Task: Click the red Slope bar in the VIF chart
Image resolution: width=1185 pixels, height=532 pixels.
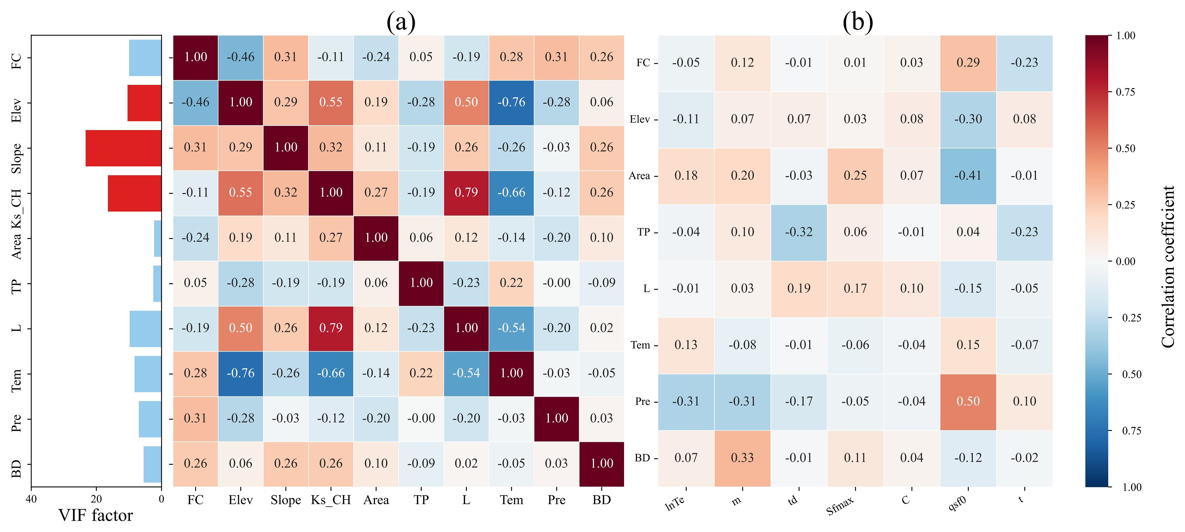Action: coord(123,148)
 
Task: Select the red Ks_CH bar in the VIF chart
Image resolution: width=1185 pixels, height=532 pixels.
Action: coord(134,193)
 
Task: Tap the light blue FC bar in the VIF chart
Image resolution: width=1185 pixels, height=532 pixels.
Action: coord(145,58)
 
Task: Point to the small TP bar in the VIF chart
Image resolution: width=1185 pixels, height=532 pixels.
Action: coord(157,283)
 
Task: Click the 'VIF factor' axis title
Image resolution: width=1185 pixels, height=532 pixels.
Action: coord(96,515)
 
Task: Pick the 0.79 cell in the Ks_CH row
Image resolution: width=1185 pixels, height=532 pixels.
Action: coord(466,192)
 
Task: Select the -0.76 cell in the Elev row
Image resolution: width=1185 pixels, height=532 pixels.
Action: coord(511,102)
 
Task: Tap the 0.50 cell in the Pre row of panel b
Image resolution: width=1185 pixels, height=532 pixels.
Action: coord(968,401)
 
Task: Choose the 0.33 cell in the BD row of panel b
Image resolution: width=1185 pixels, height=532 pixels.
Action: coord(742,458)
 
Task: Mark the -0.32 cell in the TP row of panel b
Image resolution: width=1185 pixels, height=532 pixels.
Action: coord(799,232)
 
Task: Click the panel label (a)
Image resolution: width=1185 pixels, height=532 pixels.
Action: coord(401,22)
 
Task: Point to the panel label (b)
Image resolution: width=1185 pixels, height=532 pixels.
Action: coord(858,22)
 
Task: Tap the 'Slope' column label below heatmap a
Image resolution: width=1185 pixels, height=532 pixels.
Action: coord(286,500)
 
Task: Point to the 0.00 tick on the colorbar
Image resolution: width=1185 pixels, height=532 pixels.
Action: coord(1126,261)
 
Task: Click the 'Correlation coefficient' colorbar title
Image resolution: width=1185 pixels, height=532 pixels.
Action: coord(1168,267)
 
